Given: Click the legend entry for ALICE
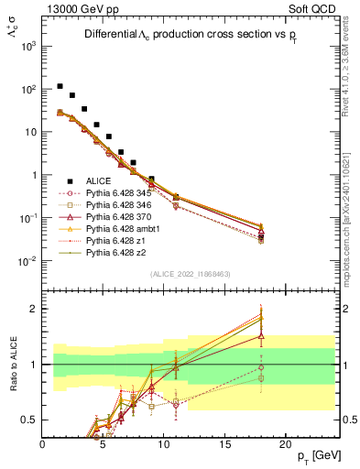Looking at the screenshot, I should pyautogui.click(x=99, y=180).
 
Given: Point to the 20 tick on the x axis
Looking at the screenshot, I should pyautogui.click(x=285, y=444).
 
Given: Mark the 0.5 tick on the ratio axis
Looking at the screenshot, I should pyautogui.click(x=32, y=420).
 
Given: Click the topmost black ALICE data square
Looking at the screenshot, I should pyautogui.click(x=60, y=86).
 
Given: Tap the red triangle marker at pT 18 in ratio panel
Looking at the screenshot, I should pyautogui.click(x=261, y=336).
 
